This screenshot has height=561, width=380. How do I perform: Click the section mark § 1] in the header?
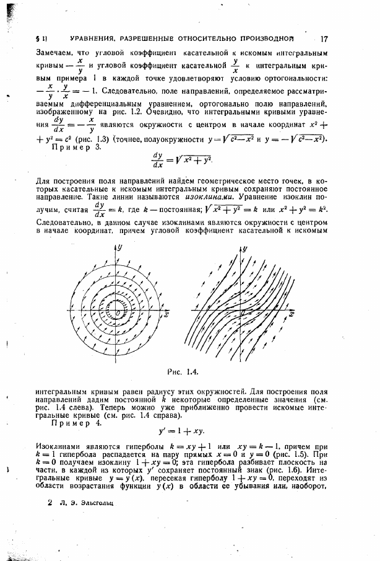pyautogui.click(x=41, y=38)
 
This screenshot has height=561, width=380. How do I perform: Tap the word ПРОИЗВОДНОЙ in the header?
pyautogui.click(x=276, y=38)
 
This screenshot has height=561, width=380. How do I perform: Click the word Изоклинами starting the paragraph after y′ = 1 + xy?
pyautogui.click(x=60, y=446)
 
